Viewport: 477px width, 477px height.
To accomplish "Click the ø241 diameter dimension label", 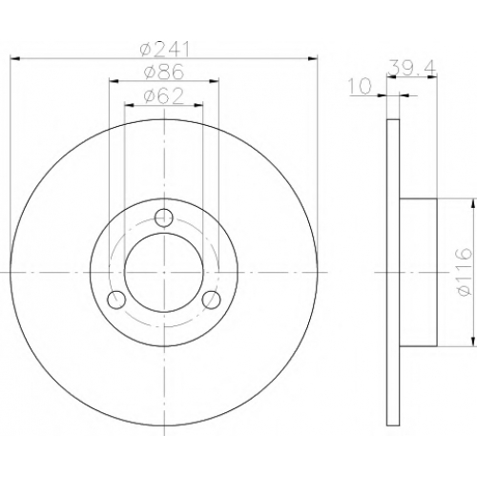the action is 164,50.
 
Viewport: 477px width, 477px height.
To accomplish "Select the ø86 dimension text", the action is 164,72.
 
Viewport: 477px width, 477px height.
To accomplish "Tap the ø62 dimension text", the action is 164,96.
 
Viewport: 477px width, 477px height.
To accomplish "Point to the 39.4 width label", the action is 412,68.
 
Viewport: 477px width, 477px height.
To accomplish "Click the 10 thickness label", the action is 361,86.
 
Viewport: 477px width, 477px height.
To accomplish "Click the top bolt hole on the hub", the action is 164,218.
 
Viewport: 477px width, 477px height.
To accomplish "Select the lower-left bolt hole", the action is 116,300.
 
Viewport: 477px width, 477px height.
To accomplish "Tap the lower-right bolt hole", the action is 212,300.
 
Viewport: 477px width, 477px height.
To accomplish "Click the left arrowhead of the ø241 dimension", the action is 15,58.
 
